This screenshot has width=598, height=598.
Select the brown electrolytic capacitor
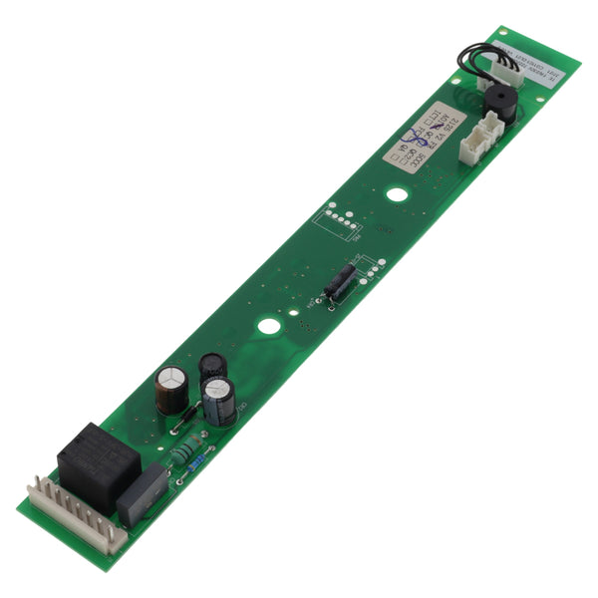[170, 388]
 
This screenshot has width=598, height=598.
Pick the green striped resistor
[186, 451]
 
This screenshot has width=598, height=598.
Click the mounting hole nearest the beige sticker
[397, 194]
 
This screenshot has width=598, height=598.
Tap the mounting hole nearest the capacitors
[267, 325]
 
